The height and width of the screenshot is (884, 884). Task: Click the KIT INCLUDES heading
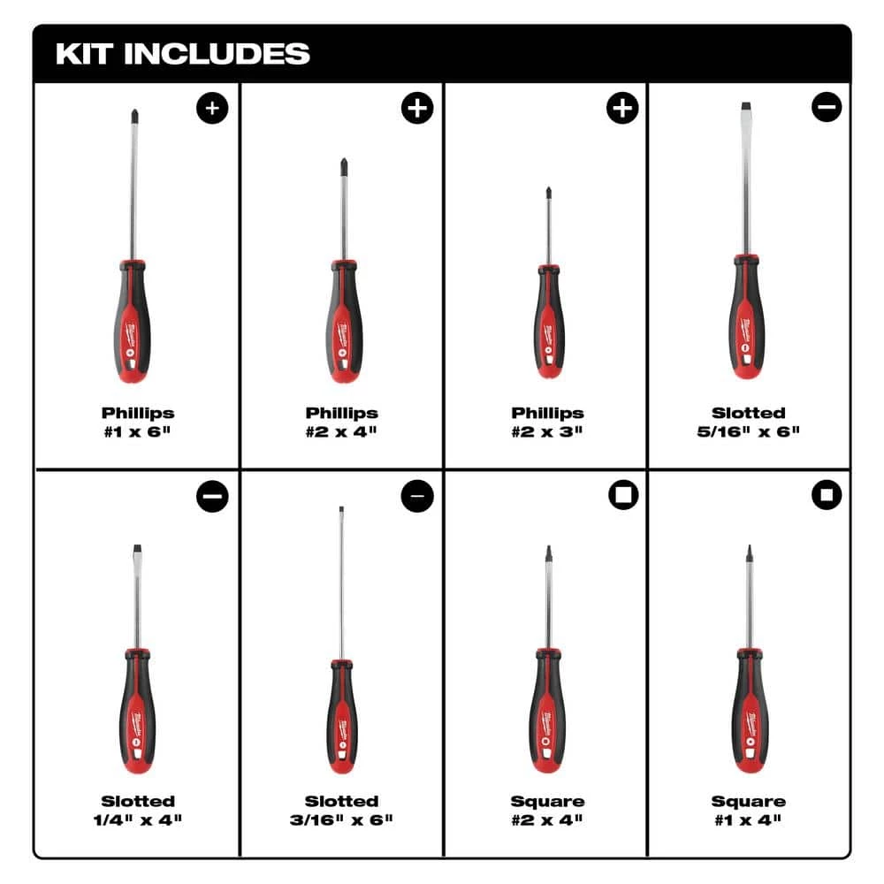pyautogui.click(x=182, y=53)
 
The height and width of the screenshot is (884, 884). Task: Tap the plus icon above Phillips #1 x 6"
pyautogui.click(x=212, y=109)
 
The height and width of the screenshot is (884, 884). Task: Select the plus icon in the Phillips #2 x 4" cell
pyautogui.click(x=417, y=109)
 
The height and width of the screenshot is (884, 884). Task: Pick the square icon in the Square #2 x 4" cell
pyautogui.click(x=622, y=496)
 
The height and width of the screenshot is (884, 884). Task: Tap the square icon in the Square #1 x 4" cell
pyautogui.click(x=827, y=496)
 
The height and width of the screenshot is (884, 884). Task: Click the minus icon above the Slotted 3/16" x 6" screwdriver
pyautogui.click(x=417, y=496)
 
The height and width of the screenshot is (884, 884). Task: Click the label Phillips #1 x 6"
pyautogui.click(x=137, y=422)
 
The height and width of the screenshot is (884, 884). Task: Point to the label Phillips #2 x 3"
pyautogui.click(x=547, y=422)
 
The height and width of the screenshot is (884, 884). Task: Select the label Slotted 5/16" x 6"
pyautogui.click(x=749, y=422)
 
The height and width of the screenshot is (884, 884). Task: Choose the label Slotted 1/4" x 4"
pyautogui.click(x=137, y=810)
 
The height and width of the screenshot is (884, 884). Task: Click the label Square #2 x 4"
pyautogui.click(x=547, y=810)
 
